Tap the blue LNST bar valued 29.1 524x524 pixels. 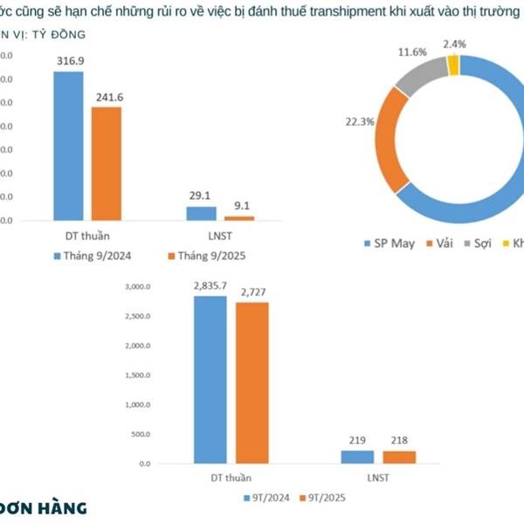tap(201, 213)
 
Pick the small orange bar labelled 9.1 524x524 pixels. tap(239, 217)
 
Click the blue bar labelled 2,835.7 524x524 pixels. tap(210, 379)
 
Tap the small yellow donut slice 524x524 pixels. tap(452, 65)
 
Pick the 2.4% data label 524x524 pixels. tap(455, 44)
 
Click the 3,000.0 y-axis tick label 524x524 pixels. tap(139, 286)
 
